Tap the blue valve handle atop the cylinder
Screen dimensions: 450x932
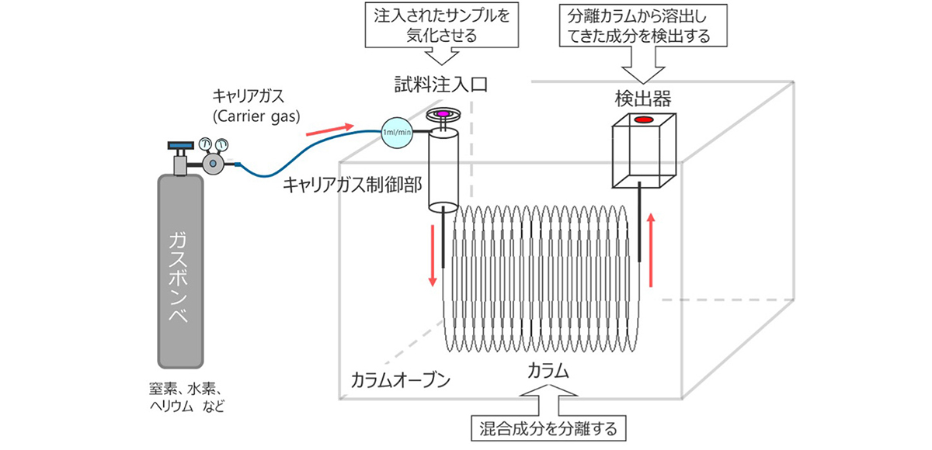tap(180, 144)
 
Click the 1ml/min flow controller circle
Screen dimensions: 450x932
tap(396, 131)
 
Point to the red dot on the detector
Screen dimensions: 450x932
tap(643, 120)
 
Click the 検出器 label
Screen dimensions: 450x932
tap(642, 98)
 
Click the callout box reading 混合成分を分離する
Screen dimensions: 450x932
tap(549, 427)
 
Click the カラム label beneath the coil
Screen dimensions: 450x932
tap(548, 371)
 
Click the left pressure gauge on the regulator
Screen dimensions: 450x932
tap(206, 144)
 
